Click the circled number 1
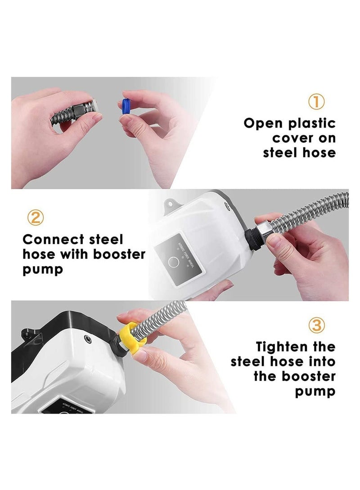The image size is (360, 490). point(316,102)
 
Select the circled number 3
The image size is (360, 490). point(316,325)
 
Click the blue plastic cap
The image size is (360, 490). point(126,109)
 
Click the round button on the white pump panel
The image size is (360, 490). point(172,262)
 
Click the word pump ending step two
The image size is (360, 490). point(43,270)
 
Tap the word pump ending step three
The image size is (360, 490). point(315,391)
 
